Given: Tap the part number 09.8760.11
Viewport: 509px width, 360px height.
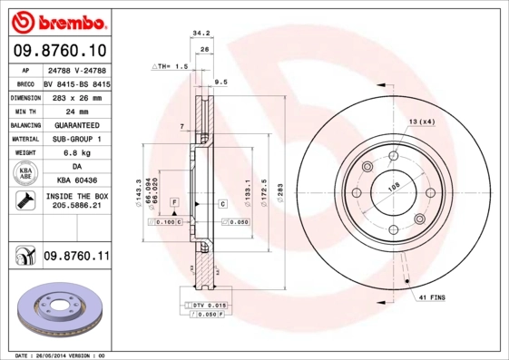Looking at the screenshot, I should pyautogui.click(x=76, y=258).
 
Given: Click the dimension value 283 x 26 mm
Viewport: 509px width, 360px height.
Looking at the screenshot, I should pyautogui.click(x=75, y=97).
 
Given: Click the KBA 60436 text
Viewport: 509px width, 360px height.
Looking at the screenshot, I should pyautogui.click(x=75, y=180).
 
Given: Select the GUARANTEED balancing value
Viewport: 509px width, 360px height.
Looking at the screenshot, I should pyautogui.click(x=76, y=124).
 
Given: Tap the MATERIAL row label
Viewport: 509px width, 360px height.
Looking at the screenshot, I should pyautogui.click(x=24, y=139).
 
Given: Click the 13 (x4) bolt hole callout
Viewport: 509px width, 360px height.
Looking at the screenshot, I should pyautogui.click(x=421, y=121).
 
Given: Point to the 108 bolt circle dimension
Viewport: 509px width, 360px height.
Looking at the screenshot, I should pyautogui.click(x=394, y=187).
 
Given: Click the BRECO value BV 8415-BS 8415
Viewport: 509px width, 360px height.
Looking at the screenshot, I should pyautogui.click(x=76, y=83).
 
